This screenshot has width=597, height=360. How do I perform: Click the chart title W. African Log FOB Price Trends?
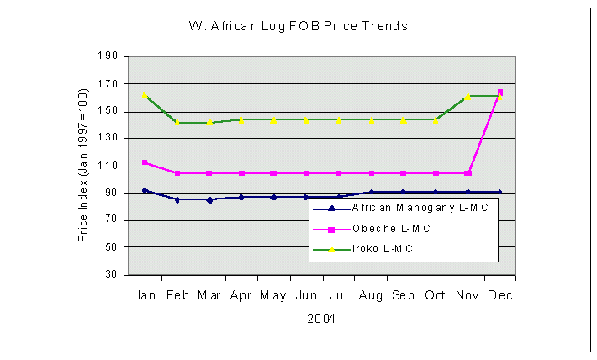click(298, 26)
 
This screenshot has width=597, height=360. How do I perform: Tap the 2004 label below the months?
click(321, 319)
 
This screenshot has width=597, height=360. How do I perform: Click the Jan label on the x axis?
click(145, 295)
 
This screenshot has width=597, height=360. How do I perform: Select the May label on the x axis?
click(273, 295)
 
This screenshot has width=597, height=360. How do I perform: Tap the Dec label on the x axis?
click(500, 295)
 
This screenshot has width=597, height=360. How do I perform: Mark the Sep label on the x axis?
click(404, 295)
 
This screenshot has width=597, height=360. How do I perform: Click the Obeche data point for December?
click(500, 92)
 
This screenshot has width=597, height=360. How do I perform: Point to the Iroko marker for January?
click(145, 96)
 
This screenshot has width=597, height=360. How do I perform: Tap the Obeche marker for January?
click(145, 162)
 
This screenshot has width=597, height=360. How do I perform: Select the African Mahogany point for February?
click(177, 199)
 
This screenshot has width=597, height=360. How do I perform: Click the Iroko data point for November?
click(468, 97)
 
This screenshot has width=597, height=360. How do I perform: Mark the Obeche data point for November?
click(468, 173)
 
